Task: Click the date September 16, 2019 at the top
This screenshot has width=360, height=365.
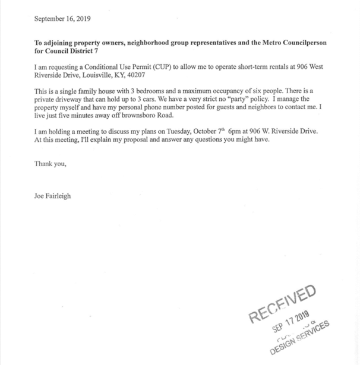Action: [x=62, y=18]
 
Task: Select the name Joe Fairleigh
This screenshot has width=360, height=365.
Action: [x=52, y=195]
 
